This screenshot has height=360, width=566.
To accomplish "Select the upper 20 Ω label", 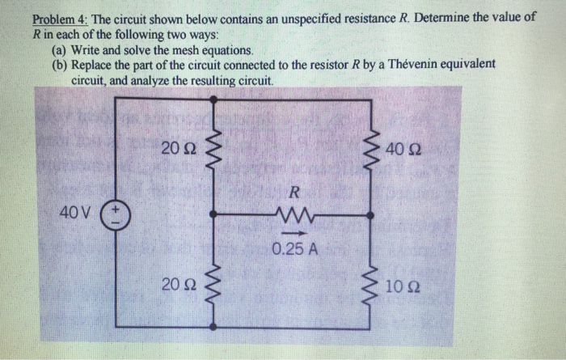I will click(177, 147).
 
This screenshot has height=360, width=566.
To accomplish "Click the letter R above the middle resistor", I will click(294, 193).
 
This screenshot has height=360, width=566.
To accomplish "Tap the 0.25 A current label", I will click(294, 248).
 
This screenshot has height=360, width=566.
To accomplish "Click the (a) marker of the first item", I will click(60, 49).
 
